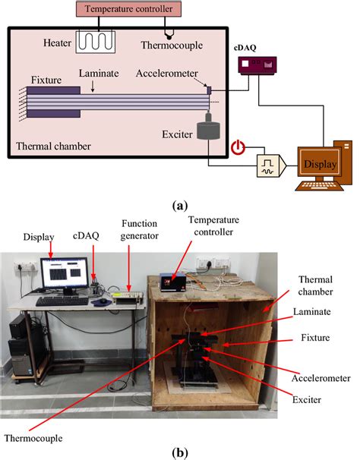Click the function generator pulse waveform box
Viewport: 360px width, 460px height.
tap(268, 163)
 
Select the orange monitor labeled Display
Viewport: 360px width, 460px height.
tap(317, 162)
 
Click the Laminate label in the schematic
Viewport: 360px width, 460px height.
tap(97, 74)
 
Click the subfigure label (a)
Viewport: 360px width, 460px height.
tap(179, 205)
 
